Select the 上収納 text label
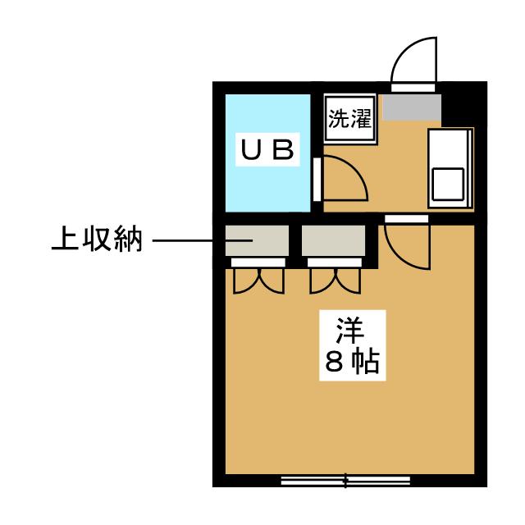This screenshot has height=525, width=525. click(x=98, y=240)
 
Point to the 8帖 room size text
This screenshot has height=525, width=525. click(x=351, y=362)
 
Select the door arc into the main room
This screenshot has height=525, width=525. click(x=407, y=246)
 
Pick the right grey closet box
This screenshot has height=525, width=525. click(x=333, y=240)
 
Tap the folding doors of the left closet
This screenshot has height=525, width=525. click(x=258, y=279)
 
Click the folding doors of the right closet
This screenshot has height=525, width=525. click(x=334, y=279)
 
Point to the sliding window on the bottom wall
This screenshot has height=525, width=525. click(x=345, y=481)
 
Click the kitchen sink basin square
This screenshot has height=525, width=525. click(x=448, y=184)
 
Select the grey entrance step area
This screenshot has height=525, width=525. click(x=413, y=106)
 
